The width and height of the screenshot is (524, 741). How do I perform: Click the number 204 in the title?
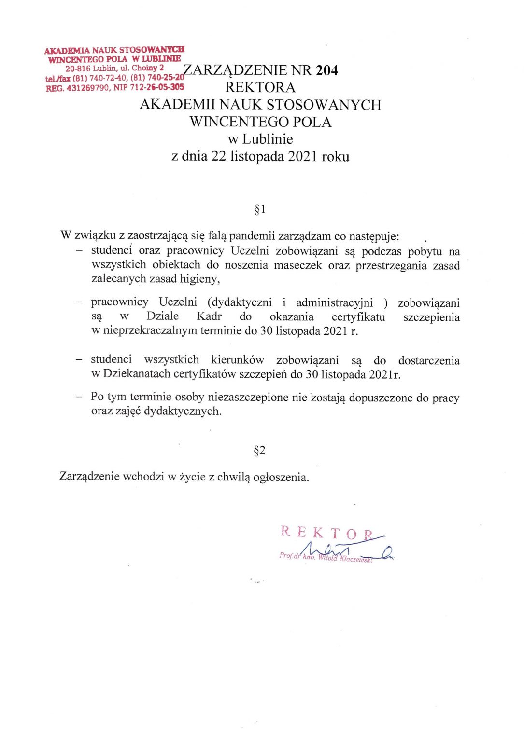click(x=327, y=70)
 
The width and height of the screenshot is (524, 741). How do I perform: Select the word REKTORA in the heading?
click(x=260, y=88)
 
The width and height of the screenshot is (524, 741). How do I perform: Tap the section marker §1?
click(x=260, y=209)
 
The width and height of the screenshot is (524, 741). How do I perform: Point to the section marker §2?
click(x=260, y=451)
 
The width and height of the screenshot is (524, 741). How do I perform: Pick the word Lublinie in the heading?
click(x=268, y=139)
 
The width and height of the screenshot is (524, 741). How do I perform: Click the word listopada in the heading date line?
click(x=257, y=157)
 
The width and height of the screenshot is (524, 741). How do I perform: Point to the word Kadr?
click(x=209, y=316)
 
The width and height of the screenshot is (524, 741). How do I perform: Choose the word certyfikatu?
click(x=358, y=317)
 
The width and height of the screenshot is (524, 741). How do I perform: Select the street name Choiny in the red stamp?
click(x=144, y=68)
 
